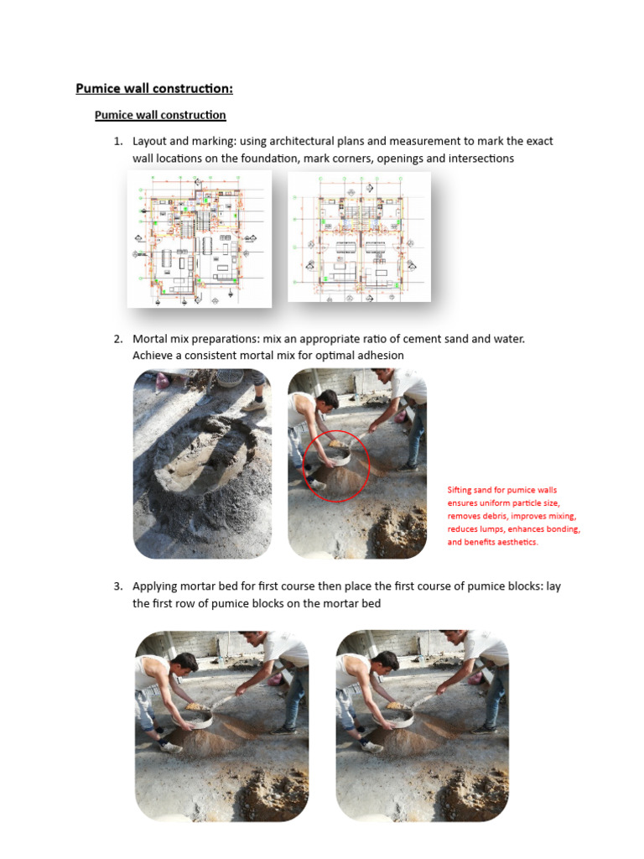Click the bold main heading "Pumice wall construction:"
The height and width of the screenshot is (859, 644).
point(154,88)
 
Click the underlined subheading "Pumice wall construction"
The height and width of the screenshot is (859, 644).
point(160,115)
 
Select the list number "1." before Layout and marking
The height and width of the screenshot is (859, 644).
point(119,141)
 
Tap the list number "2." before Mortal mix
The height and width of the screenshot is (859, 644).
point(119,339)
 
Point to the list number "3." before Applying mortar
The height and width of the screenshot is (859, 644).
point(119,586)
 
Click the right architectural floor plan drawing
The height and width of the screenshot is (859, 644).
point(359,237)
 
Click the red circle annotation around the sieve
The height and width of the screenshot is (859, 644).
point(335,467)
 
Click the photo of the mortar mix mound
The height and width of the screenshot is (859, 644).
point(202,464)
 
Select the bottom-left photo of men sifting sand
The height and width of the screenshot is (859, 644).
point(221,726)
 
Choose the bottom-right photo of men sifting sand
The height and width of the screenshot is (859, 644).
point(422,726)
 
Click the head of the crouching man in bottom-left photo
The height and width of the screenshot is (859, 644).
point(184,663)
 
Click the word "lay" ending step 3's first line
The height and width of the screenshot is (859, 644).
point(553,586)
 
